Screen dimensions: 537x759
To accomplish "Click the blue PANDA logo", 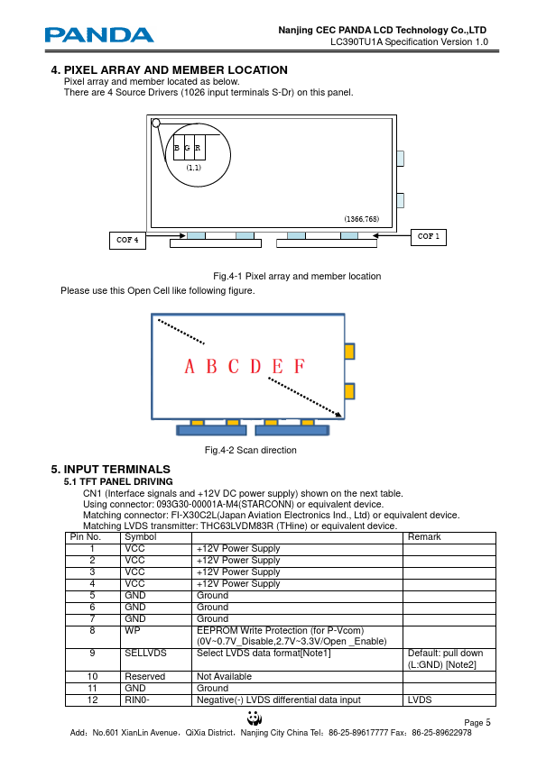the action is coord(99,35).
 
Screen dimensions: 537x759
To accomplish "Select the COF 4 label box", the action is coord(127,240).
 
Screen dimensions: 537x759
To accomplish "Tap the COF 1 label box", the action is coord(429,237).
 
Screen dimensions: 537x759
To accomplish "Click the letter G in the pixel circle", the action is coord(187,148).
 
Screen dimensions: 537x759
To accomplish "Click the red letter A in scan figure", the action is coord(190,366).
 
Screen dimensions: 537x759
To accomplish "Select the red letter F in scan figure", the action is coord(300,366).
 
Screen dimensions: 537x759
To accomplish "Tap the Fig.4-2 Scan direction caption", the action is coord(251,450).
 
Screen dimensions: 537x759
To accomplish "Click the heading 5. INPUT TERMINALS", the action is coord(110,469).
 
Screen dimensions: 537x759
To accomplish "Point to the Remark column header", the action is coord(424,537).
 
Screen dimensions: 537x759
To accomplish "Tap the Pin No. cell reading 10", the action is coord(93,676).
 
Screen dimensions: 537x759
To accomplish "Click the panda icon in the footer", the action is coord(255,718).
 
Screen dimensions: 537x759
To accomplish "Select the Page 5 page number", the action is coord(477,723).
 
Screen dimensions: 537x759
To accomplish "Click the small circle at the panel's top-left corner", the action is coord(156,123).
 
